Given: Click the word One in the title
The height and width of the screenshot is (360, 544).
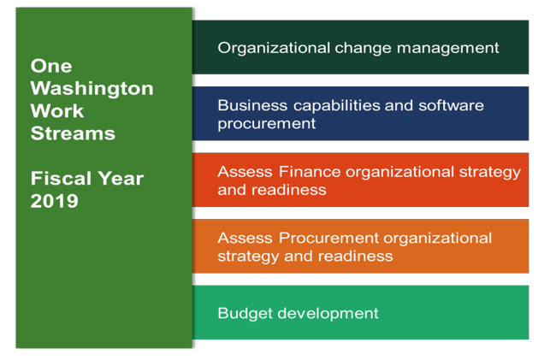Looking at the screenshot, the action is coord(51,66).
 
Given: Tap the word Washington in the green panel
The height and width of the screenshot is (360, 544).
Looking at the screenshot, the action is coord(92,89).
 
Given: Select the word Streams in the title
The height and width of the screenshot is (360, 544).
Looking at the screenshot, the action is coord(73,133).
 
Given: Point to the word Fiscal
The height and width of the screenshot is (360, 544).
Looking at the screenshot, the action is coord(61,179).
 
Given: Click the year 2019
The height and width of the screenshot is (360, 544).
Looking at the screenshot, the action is coord(55,201).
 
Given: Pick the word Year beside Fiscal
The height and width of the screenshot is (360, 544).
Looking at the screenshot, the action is coord(121,179).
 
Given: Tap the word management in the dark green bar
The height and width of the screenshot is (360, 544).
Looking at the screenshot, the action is coord(448,48).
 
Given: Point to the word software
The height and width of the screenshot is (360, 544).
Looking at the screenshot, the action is coord(451,105).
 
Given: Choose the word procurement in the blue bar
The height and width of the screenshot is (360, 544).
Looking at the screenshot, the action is coord(267,124).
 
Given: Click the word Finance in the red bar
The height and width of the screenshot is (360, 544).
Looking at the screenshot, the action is coord(310,172).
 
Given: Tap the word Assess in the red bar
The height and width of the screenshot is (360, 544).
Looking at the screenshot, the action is coord(245,172).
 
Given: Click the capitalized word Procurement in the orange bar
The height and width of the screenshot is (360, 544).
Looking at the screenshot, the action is coord(329,239).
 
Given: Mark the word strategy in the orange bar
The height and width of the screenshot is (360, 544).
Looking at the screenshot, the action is coord(248,257).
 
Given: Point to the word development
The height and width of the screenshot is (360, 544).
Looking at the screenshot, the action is coord(328,314).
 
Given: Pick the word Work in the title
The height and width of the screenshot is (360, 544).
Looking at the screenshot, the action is coord(57,111).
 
